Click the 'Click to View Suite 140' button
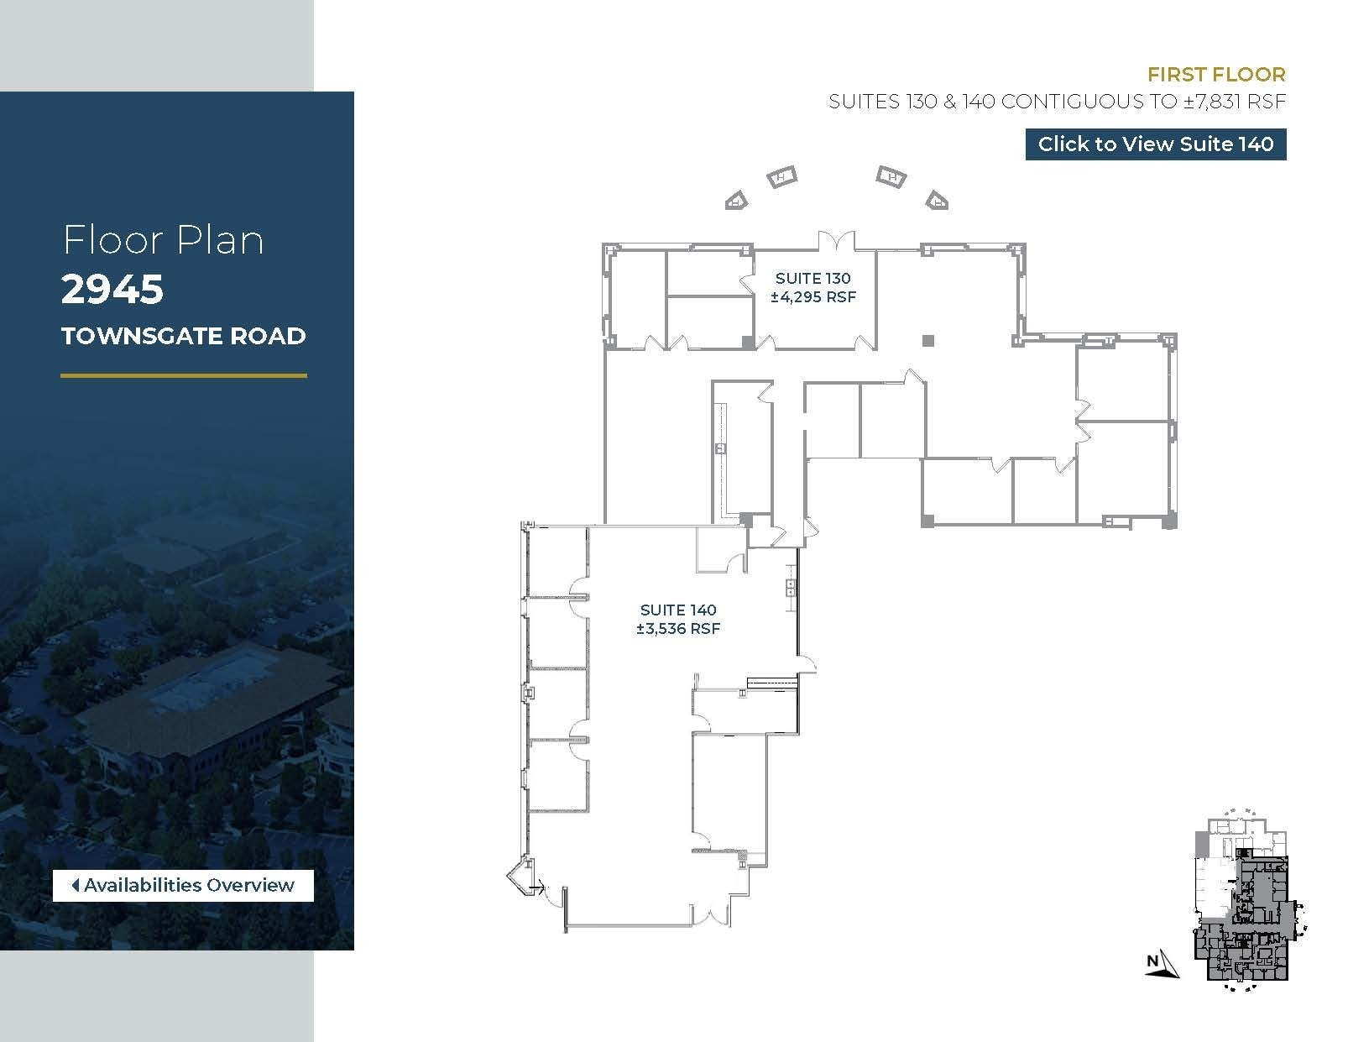click(1155, 144)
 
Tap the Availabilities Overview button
click(183, 885)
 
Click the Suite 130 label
click(812, 278)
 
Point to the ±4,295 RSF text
click(812, 296)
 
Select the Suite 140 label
click(678, 610)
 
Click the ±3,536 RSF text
click(678, 629)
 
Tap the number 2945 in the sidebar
click(112, 290)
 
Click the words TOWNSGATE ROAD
click(183, 336)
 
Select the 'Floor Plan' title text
click(163, 240)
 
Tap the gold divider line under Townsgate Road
click(183, 375)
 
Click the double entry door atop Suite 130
click(837, 241)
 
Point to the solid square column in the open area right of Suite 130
click(927, 340)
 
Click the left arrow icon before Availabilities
click(76, 885)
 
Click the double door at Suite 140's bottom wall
click(710, 915)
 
